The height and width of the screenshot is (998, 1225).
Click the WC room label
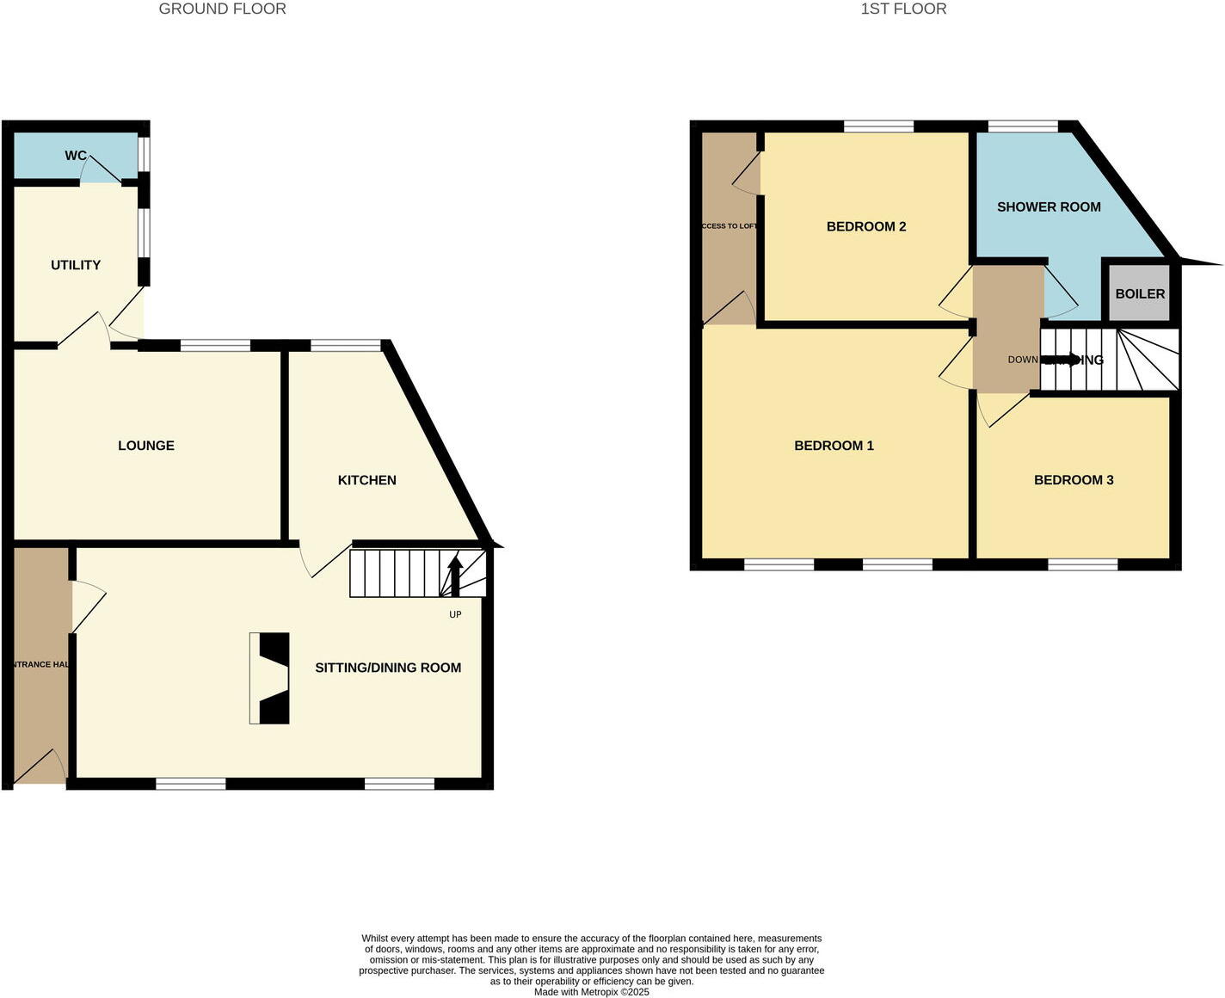[76, 156]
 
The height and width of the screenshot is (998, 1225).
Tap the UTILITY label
[76, 265]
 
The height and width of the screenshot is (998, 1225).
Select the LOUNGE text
[146, 446]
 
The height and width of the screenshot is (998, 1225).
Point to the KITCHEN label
[367, 480]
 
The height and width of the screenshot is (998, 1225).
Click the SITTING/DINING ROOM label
[388, 668]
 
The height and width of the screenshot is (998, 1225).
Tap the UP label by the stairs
[455, 614]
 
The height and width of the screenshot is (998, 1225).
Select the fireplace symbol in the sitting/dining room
[270, 679]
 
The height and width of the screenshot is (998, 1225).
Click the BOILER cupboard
[1140, 293]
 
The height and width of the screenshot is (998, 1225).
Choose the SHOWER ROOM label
[1049, 206]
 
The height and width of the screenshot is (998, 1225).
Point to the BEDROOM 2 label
[866, 226]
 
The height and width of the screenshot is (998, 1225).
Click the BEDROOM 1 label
[834, 446]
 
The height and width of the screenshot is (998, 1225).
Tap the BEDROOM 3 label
[1074, 480]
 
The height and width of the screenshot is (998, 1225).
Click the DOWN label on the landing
[1023, 360]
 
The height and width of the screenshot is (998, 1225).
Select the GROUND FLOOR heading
[223, 9]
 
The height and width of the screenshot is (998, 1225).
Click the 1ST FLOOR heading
[903, 9]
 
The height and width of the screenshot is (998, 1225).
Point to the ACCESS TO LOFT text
[729, 226]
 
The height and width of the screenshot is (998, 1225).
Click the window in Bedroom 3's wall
[1082, 564]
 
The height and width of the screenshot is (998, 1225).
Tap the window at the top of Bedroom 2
[878, 126]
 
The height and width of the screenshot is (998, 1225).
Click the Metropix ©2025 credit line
[592, 992]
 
